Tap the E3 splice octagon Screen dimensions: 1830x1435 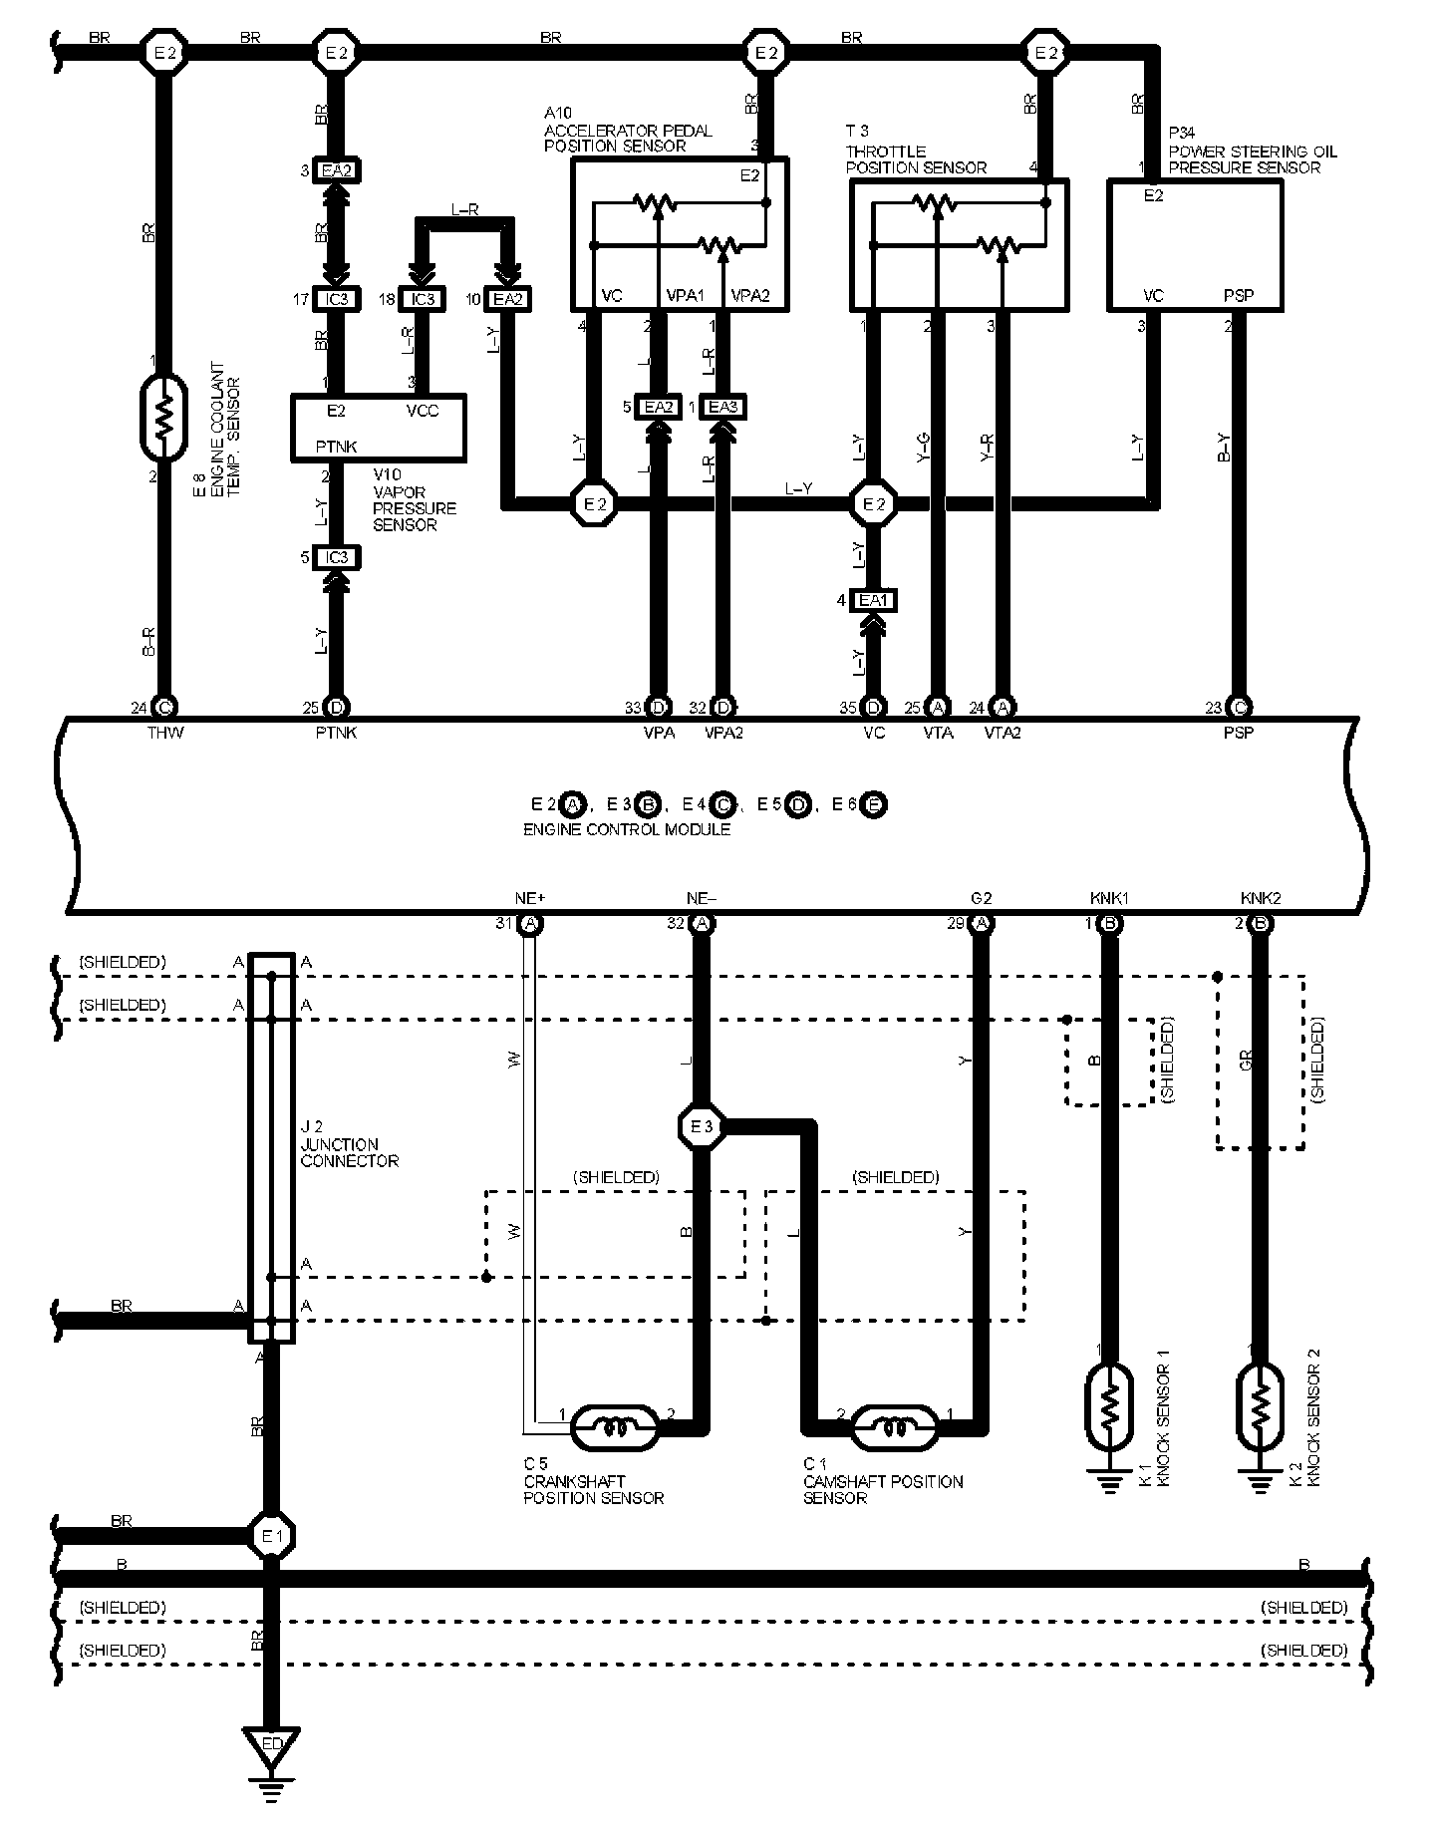tap(701, 1127)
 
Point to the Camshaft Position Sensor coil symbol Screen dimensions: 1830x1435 tap(895, 1427)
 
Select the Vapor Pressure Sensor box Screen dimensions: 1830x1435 tap(379, 428)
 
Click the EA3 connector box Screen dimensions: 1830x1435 tap(722, 407)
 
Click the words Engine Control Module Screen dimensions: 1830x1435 tap(627, 829)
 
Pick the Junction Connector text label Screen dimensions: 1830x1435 tap(349, 1153)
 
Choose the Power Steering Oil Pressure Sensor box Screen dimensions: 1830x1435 tap(1195, 245)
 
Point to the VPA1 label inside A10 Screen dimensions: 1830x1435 tap(685, 296)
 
